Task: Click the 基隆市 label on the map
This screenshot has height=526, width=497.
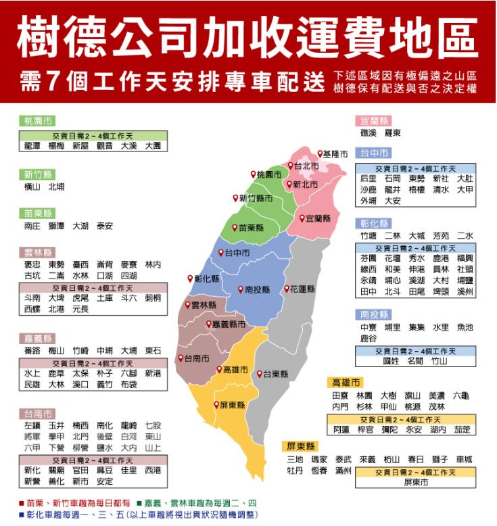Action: (335, 154)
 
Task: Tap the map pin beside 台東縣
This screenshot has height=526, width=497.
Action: (258, 373)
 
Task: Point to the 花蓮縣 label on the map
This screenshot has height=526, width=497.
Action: (302, 289)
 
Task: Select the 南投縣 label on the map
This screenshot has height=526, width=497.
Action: (257, 289)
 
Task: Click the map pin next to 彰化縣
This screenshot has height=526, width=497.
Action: (190, 278)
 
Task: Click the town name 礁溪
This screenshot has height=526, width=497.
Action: (369, 133)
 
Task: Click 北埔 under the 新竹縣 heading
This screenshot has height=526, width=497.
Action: (57, 186)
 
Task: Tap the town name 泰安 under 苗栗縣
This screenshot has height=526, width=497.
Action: (105, 226)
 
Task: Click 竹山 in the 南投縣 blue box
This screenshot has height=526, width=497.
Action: (439, 362)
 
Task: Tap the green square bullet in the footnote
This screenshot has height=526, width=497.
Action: (139, 504)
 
